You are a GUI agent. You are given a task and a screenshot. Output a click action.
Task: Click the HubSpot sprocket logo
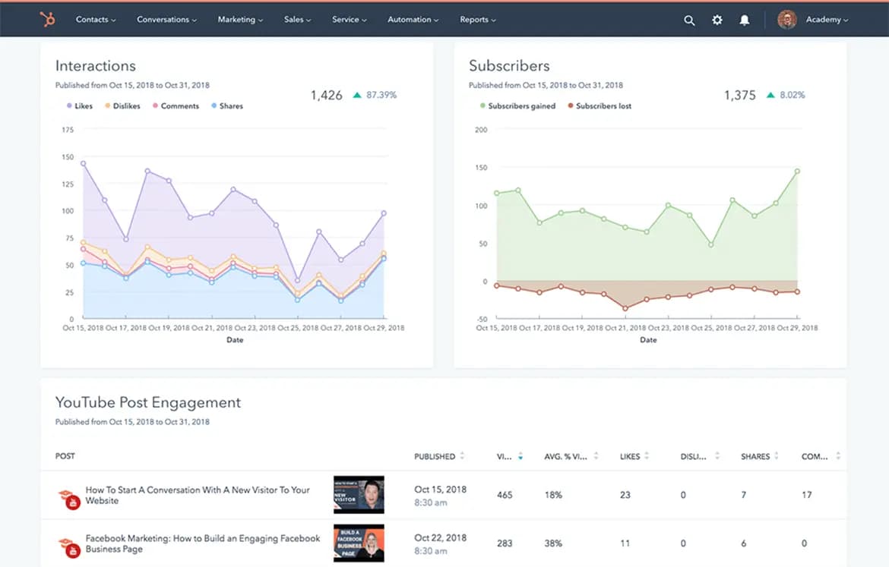pyautogui.click(x=48, y=20)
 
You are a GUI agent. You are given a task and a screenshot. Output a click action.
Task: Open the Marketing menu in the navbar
pyautogui.click(x=240, y=20)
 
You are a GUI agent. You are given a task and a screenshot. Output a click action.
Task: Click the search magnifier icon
pyautogui.click(x=689, y=20)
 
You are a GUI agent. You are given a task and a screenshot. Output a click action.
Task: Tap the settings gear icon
pyautogui.click(x=717, y=20)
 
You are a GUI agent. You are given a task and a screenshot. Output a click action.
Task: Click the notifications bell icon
pyautogui.click(x=745, y=20)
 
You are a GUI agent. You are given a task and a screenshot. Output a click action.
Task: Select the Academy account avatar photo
pyautogui.click(x=786, y=20)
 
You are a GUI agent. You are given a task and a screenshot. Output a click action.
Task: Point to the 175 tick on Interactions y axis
pyautogui.click(x=68, y=131)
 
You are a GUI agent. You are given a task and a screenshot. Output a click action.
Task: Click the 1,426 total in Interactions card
pyautogui.click(x=326, y=96)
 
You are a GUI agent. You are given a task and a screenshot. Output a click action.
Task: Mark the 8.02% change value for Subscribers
pyautogui.click(x=791, y=96)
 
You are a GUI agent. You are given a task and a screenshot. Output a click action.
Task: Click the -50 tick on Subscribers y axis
pyautogui.click(x=481, y=320)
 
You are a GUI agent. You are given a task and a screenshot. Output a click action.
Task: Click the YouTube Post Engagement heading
pyautogui.click(x=148, y=403)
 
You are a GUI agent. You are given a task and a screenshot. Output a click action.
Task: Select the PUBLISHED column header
pyautogui.click(x=435, y=457)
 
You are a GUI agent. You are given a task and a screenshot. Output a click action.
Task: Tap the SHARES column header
pyautogui.click(x=755, y=457)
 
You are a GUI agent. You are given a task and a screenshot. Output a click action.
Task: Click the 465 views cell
pyautogui.click(x=505, y=495)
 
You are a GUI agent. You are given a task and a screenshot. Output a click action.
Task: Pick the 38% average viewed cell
pyautogui.click(x=553, y=543)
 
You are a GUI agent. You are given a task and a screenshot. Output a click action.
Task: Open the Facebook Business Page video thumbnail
pyautogui.click(x=359, y=543)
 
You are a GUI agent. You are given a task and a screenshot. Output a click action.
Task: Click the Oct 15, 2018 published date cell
pyautogui.click(x=440, y=490)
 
